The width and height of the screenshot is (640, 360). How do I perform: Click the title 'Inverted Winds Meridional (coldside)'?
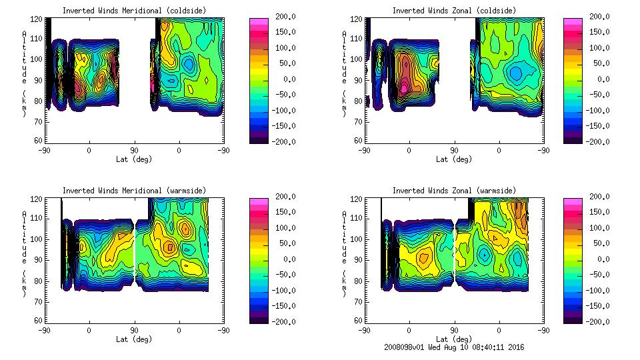click(134, 10)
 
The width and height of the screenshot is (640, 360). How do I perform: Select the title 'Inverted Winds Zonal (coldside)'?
click(453, 10)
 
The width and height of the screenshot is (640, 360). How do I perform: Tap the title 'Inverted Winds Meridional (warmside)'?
click(134, 191)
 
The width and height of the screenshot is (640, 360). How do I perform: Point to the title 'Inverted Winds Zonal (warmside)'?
click(453, 191)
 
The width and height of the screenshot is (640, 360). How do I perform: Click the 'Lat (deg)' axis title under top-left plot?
click(134, 159)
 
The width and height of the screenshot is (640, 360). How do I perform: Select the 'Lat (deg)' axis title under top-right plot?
click(453, 159)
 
